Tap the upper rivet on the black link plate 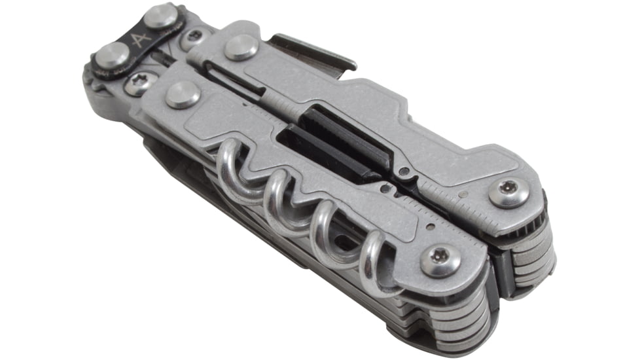[x=160, y=16]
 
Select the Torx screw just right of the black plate [x=192, y=38]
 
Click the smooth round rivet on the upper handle [x=241, y=46]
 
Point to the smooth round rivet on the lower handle [x=183, y=95]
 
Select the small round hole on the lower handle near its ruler [x=430, y=228]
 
